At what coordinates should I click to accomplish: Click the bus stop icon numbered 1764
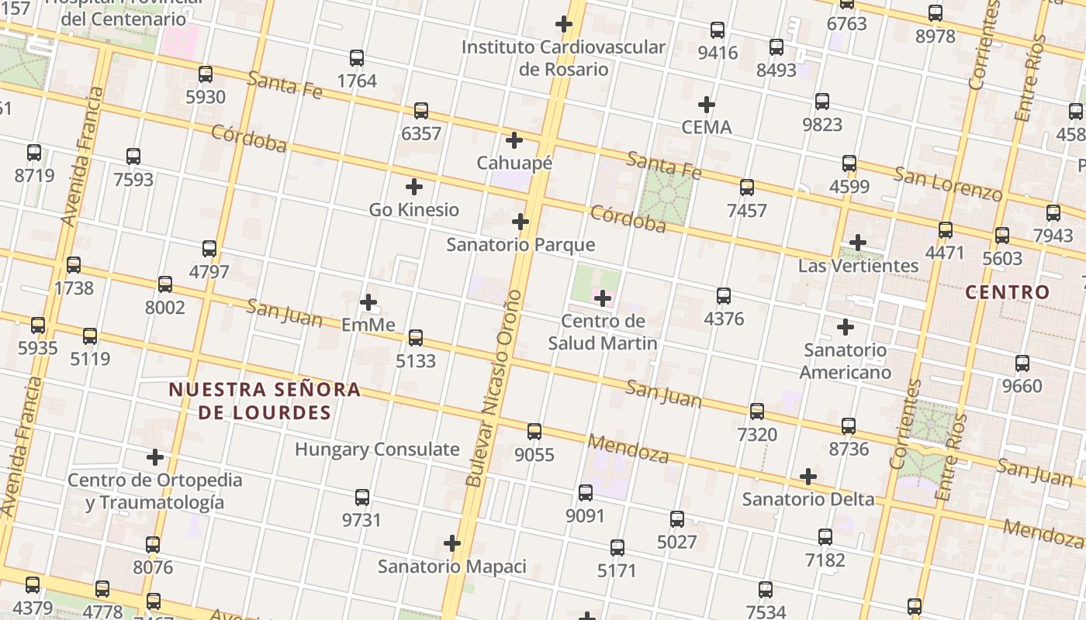357,58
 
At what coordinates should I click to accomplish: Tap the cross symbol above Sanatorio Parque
521,222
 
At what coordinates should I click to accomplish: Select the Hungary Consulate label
377,449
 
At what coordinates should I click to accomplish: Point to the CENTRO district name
1008,293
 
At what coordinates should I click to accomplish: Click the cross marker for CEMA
707,105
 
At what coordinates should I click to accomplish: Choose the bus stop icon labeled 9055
534,432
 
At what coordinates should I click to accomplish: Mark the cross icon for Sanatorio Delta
808,477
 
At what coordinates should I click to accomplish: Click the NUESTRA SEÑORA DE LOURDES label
265,401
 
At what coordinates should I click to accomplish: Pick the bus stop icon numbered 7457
747,188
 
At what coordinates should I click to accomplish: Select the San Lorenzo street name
948,184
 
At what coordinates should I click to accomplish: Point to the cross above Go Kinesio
414,187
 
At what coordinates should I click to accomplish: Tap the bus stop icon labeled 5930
206,74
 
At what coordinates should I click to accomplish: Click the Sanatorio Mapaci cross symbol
452,543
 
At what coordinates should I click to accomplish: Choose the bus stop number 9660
1022,363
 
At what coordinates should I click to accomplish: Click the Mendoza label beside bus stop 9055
628,448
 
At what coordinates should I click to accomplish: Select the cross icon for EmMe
368,301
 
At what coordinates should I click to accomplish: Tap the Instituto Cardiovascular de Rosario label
563,58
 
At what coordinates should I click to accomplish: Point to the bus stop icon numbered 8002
165,284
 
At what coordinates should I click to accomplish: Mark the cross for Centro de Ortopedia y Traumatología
155,457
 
